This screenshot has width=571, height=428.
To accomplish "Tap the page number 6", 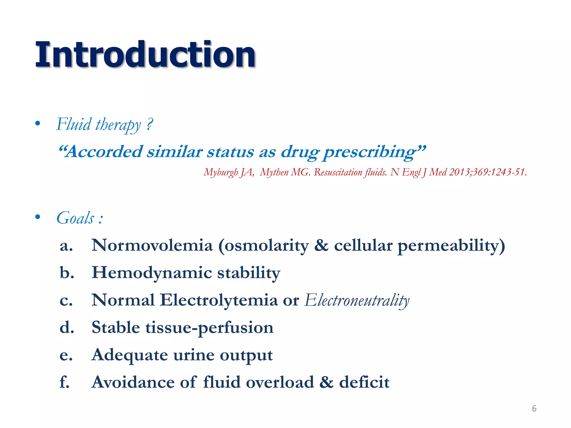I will tap(534, 408).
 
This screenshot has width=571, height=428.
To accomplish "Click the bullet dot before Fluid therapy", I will tap(38, 123).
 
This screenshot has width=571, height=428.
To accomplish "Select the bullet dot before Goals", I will tap(38, 217).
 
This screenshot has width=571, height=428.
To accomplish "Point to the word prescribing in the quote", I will tap(371, 152).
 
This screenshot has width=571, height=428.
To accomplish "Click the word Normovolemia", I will tap(152, 245).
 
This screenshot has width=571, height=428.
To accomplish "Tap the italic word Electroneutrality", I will tap(357, 300).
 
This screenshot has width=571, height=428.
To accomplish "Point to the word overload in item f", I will tap(280, 382).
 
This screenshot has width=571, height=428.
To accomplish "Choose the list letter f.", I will tap(64, 382).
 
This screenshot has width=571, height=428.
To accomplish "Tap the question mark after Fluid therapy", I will tap(150, 123).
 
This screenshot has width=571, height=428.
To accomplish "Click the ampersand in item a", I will tap(321, 245).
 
